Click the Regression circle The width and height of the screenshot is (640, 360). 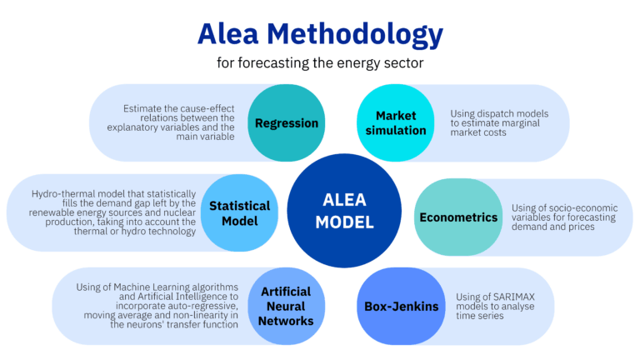(287, 123)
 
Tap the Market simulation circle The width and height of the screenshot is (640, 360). (394, 123)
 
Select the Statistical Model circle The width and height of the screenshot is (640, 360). (239, 213)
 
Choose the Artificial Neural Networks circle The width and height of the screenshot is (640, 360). (286, 306)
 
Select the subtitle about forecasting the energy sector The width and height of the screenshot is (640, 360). (319, 62)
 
